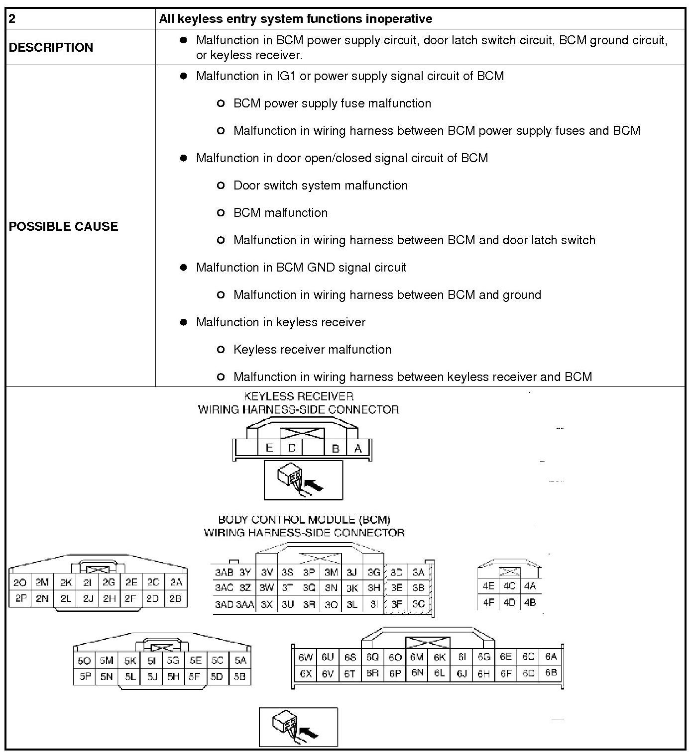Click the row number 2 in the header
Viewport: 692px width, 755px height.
tap(12, 19)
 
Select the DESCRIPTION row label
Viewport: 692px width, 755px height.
tap(51, 47)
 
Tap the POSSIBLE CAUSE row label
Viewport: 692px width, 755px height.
tap(63, 226)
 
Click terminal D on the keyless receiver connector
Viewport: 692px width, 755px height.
tap(292, 448)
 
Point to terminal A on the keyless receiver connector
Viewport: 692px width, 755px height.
tap(357, 448)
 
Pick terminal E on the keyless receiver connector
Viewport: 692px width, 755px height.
tap(269, 448)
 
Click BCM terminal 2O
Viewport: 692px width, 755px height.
tap(20, 582)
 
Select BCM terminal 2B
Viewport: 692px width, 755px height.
tap(175, 598)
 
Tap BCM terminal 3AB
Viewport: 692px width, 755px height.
tap(224, 572)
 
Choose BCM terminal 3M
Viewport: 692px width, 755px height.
tap(331, 572)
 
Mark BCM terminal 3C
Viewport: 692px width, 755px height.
tap(419, 604)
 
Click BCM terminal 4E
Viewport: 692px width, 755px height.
tap(488, 586)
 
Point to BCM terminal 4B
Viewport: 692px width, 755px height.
tap(530, 602)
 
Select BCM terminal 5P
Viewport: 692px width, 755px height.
tap(85, 676)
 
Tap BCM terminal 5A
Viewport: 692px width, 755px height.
tap(240, 661)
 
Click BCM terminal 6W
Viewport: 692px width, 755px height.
tap(305, 657)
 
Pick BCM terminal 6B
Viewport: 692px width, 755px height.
tap(551, 673)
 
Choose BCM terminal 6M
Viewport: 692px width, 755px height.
tap(417, 657)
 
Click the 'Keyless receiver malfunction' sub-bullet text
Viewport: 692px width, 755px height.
tap(312, 350)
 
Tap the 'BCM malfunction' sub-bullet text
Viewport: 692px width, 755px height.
tap(280, 213)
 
